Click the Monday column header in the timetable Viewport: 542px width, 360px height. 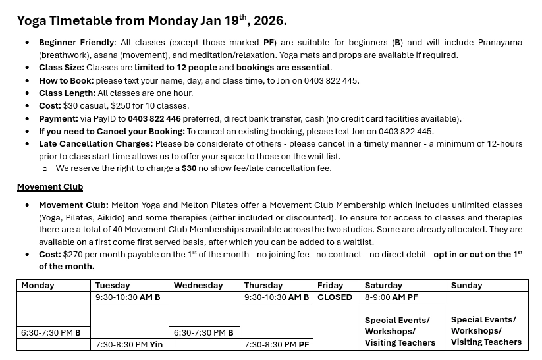click(x=38, y=286)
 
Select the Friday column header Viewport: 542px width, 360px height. click(x=330, y=286)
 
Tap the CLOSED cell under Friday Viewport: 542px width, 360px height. click(x=335, y=297)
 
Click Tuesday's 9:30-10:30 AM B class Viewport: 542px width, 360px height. click(x=128, y=297)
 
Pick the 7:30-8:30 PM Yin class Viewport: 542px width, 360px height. click(x=129, y=344)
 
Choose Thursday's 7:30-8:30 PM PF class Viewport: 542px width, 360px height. click(x=276, y=344)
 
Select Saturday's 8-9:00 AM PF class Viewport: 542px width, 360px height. click(x=391, y=297)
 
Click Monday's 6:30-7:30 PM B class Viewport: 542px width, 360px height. click(x=51, y=333)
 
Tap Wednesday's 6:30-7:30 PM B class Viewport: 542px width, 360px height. click(x=203, y=333)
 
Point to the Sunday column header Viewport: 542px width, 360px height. click(x=466, y=286)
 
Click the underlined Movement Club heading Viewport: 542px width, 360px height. click(x=50, y=187)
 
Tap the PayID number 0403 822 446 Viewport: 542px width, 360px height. click(x=154, y=119)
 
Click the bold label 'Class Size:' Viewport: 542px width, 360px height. click(x=61, y=68)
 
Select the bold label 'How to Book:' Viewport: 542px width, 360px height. click(x=66, y=81)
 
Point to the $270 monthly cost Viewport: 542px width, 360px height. click(x=72, y=255)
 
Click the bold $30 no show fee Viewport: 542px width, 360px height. click(x=189, y=168)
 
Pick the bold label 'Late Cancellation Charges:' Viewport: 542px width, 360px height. click(x=95, y=144)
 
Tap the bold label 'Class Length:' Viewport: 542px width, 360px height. click(x=67, y=93)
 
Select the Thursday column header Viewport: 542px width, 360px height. click(x=263, y=286)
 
